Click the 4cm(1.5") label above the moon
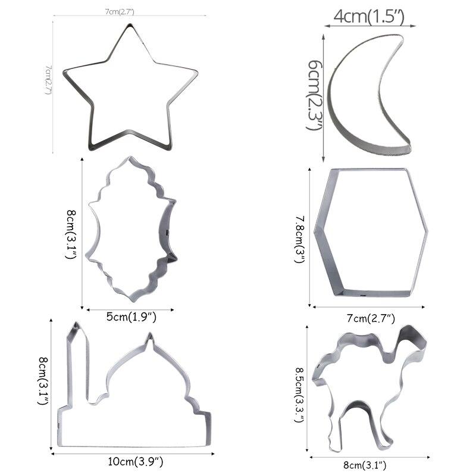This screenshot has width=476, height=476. tap(369, 17)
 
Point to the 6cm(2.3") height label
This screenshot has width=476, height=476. tap(315, 95)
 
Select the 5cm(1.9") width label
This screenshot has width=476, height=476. tap(131, 317)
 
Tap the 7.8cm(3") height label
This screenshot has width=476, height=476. tap(301, 238)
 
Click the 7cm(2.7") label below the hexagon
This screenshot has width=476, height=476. tap(370, 318)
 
